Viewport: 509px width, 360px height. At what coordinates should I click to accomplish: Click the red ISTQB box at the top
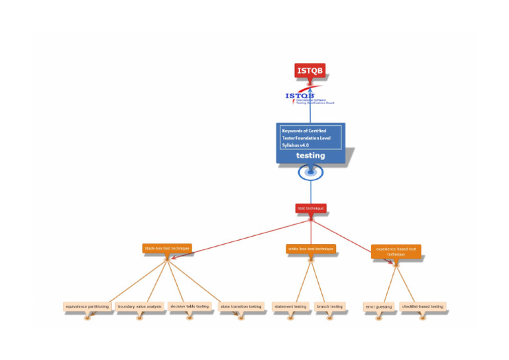310,71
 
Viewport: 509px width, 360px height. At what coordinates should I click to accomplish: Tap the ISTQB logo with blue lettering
310,97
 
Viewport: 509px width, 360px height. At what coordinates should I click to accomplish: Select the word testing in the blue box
310,156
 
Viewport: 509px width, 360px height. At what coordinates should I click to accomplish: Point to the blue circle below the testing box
310,172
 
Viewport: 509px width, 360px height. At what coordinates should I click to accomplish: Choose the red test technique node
311,208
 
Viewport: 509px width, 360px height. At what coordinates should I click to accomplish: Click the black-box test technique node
167,248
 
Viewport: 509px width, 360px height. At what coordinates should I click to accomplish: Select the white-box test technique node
310,249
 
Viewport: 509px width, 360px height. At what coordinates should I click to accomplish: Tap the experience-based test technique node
396,251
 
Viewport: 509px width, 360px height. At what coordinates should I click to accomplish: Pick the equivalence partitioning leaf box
87,306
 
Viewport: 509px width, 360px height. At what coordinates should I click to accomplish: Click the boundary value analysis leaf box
139,306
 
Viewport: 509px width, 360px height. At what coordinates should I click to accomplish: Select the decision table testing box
189,306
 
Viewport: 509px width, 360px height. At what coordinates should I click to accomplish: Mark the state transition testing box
241,306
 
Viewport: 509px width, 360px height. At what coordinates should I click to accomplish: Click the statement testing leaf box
290,306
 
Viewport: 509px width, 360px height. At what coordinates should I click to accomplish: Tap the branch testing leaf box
329,306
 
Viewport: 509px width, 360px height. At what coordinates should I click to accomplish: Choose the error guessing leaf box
379,307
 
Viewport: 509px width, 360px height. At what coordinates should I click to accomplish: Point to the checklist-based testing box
422,306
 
